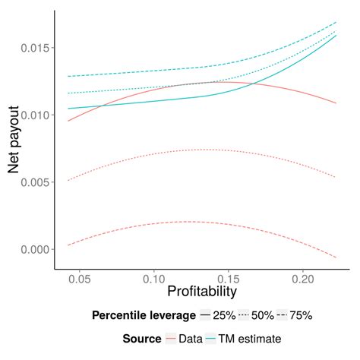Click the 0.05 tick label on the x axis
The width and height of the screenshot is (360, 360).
[81, 279]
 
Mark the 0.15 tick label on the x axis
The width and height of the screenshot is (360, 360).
[229, 279]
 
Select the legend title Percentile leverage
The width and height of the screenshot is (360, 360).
[142, 314]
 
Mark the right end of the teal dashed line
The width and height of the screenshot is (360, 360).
[336, 22]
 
